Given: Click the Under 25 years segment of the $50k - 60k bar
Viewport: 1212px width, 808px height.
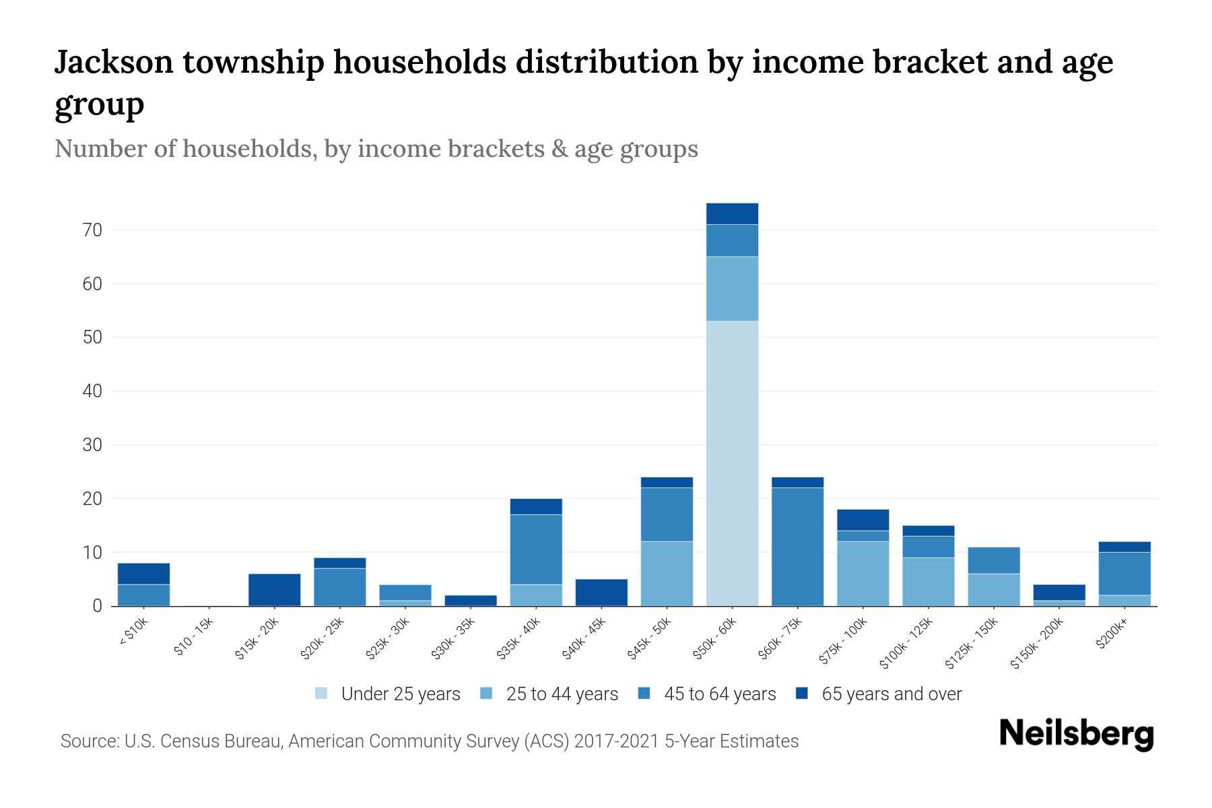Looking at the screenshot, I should pyautogui.click(x=732, y=463).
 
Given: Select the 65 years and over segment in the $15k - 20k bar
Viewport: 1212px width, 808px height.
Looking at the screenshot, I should pyautogui.click(x=274, y=590).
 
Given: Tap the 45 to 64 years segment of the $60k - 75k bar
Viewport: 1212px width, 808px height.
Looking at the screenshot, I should pyautogui.click(x=797, y=547).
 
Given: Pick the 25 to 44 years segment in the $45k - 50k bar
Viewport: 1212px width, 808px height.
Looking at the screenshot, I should pyautogui.click(x=667, y=574).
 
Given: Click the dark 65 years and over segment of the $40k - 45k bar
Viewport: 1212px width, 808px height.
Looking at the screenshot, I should pyautogui.click(x=601, y=593).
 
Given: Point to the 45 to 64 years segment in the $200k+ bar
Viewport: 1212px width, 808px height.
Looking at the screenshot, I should pyautogui.click(x=1124, y=574).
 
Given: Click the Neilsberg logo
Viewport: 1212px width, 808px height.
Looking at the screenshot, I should pyautogui.click(x=1076, y=733).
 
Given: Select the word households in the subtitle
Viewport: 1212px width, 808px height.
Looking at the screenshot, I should pyautogui.click(x=249, y=149).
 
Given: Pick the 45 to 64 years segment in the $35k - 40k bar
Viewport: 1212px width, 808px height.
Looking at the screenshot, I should pyautogui.click(x=536, y=549).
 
